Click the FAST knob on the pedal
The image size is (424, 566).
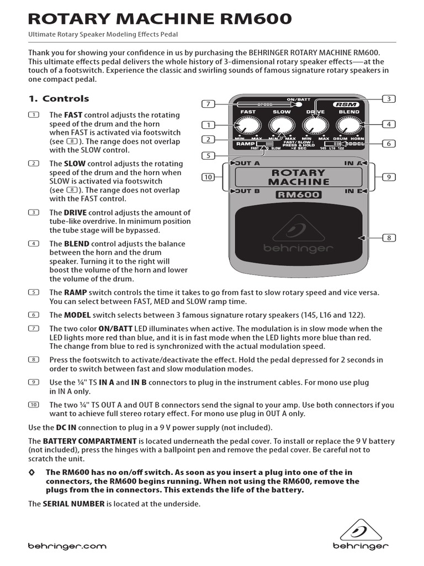coord(247,127)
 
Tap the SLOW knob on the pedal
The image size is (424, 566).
coord(282,127)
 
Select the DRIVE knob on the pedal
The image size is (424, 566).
coord(315,127)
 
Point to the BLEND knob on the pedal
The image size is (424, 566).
coord(348,127)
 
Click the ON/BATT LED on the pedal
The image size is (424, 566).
coord(299,104)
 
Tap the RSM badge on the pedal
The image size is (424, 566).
coord(346,104)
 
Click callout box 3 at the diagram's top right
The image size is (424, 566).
coord(389,98)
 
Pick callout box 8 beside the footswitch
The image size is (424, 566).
coord(389,238)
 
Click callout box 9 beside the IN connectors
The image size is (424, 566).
coord(389,177)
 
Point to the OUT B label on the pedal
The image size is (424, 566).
coord(246,191)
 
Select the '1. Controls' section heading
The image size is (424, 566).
coord(59,99)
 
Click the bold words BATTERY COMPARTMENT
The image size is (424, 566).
coord(90,441)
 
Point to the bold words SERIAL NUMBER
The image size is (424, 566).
coord(73,504)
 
